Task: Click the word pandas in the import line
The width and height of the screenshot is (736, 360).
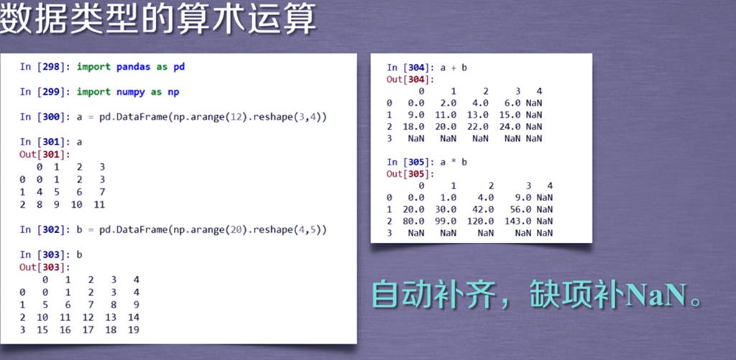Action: point(133,67)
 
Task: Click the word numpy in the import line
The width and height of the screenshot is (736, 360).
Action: point(131,92)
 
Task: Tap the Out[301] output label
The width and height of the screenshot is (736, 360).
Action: point(45,154)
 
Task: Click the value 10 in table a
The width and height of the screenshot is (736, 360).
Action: point(76,205)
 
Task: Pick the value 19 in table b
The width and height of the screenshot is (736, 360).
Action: point(133,330)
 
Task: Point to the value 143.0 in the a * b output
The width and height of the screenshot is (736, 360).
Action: point(517,221)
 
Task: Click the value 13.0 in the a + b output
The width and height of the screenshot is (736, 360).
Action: point(478,115)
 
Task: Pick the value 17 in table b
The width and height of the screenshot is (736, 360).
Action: point(88,330)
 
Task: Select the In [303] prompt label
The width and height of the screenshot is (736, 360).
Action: point(45,254)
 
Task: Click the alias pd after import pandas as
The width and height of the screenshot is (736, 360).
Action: point(179,67)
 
